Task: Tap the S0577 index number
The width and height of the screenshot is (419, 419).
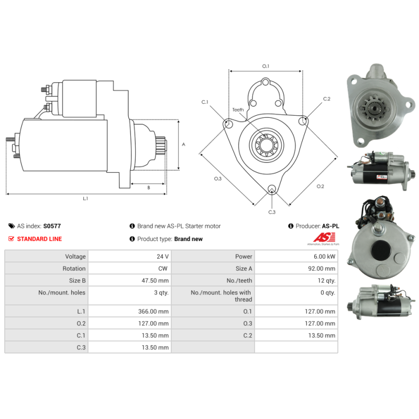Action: [x=52, y=226]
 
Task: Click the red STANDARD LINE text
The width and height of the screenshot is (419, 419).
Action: [x=39, y=239]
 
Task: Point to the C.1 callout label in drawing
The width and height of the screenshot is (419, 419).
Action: [x=205, y=102]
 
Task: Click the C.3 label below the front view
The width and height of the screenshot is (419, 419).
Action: [x=272, y=212]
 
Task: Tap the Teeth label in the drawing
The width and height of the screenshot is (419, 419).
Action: [x=238, y=109]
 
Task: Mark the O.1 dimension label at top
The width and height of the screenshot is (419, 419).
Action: [x=265, y=66]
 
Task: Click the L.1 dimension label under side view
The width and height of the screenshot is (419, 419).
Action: [x=85, y=199]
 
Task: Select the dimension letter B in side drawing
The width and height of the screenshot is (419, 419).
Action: [x=148, y=187]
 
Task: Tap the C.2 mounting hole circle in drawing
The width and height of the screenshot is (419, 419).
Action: [x=303, y=122]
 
